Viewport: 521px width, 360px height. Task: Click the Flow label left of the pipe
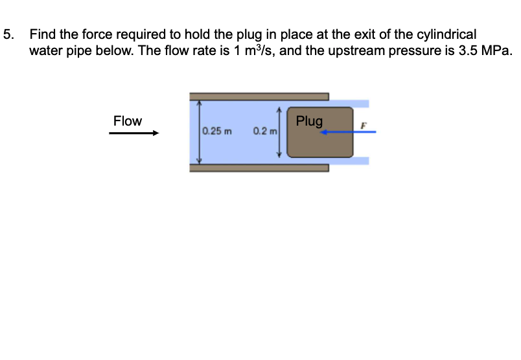pyautogui.click(x=127, y=121)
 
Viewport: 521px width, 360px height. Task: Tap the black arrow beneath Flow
pyautogui.click(x=133, y=134)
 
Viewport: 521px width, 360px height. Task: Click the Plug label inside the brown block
pyautogui.click(x=309, y=121)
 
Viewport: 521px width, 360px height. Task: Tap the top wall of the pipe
pyautogui.click(x=259, y=96)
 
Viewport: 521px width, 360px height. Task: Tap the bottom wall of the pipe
pyautogui.click(x=259, y=167)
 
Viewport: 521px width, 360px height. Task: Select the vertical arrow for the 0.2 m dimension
pyautogui.click(x=280, y=133)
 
